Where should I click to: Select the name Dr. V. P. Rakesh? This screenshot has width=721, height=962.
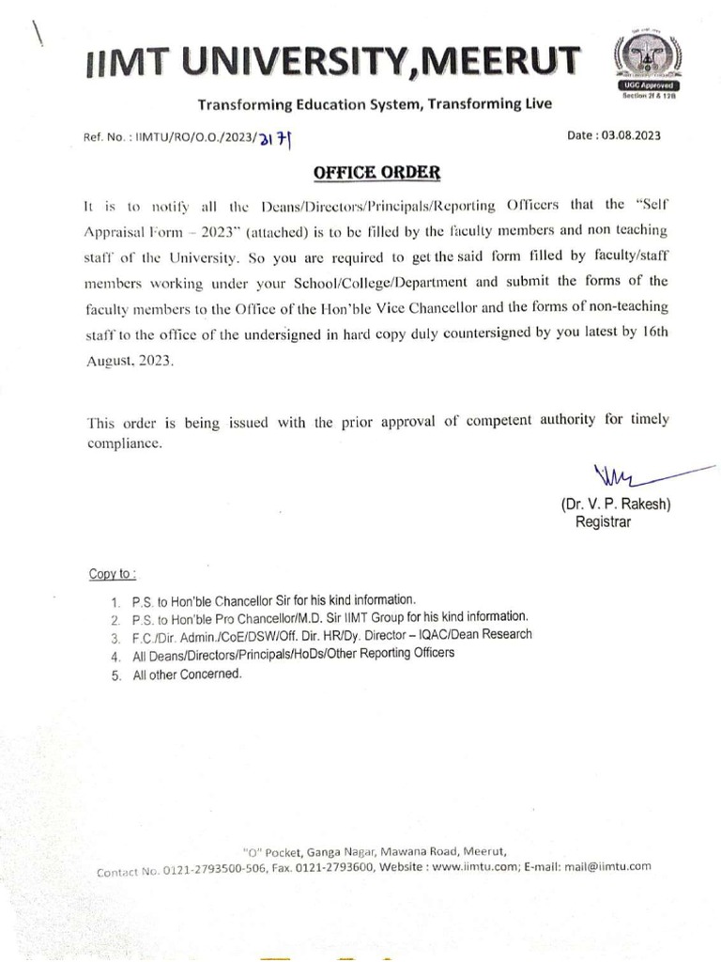(x=616, y=504)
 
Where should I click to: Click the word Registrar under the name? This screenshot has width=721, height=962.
(x=604, y=521)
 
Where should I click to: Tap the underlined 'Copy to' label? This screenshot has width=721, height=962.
(x=112, y=573)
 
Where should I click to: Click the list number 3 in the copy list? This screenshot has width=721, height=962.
(x=114, y=638)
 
